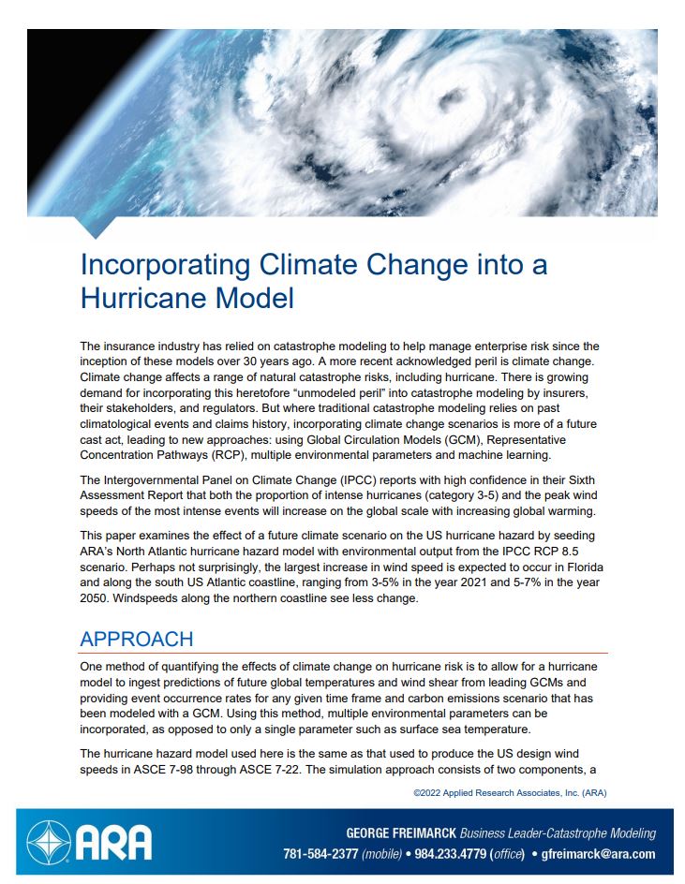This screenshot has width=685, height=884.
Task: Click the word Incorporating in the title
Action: pos(160,264)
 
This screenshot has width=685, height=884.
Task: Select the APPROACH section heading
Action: pos(137,640)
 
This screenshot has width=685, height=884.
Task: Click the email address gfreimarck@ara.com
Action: pos(599,854)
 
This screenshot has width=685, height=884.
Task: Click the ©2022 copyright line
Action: pos(511,792)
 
